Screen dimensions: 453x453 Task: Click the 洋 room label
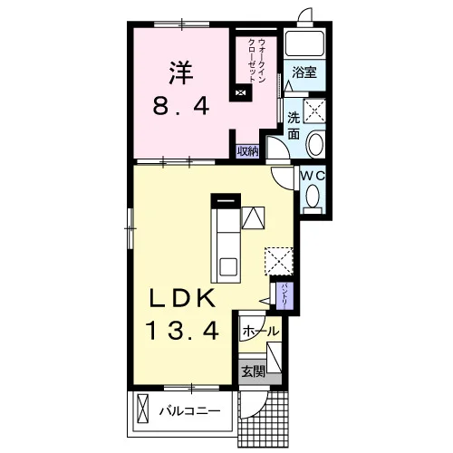point(181,73)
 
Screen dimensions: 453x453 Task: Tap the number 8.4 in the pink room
point(181,107)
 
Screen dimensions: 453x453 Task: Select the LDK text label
point(181,299)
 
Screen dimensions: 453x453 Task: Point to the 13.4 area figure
point(182,331)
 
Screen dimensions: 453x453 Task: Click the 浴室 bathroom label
point(304,72)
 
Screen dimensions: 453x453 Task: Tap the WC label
point(313,176)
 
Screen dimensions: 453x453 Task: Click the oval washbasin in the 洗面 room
point(315,144)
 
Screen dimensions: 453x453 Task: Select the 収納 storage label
point(247,151)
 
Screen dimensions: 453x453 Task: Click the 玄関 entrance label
point(253,371)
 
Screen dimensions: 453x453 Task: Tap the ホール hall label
point(260,332)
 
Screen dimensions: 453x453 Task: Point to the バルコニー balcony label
point(190,411)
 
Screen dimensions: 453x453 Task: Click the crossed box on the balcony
point(143,410)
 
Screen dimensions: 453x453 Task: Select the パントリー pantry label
point(284,295)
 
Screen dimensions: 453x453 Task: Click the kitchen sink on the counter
point(228,267)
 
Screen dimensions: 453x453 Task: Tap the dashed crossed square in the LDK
point(279,261)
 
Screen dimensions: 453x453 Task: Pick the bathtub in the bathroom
point(304,43)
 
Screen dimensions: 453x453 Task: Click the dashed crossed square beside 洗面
point(314,111)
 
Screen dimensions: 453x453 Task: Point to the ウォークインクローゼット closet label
point(256,61)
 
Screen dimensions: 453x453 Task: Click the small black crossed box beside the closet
point(240,92)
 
